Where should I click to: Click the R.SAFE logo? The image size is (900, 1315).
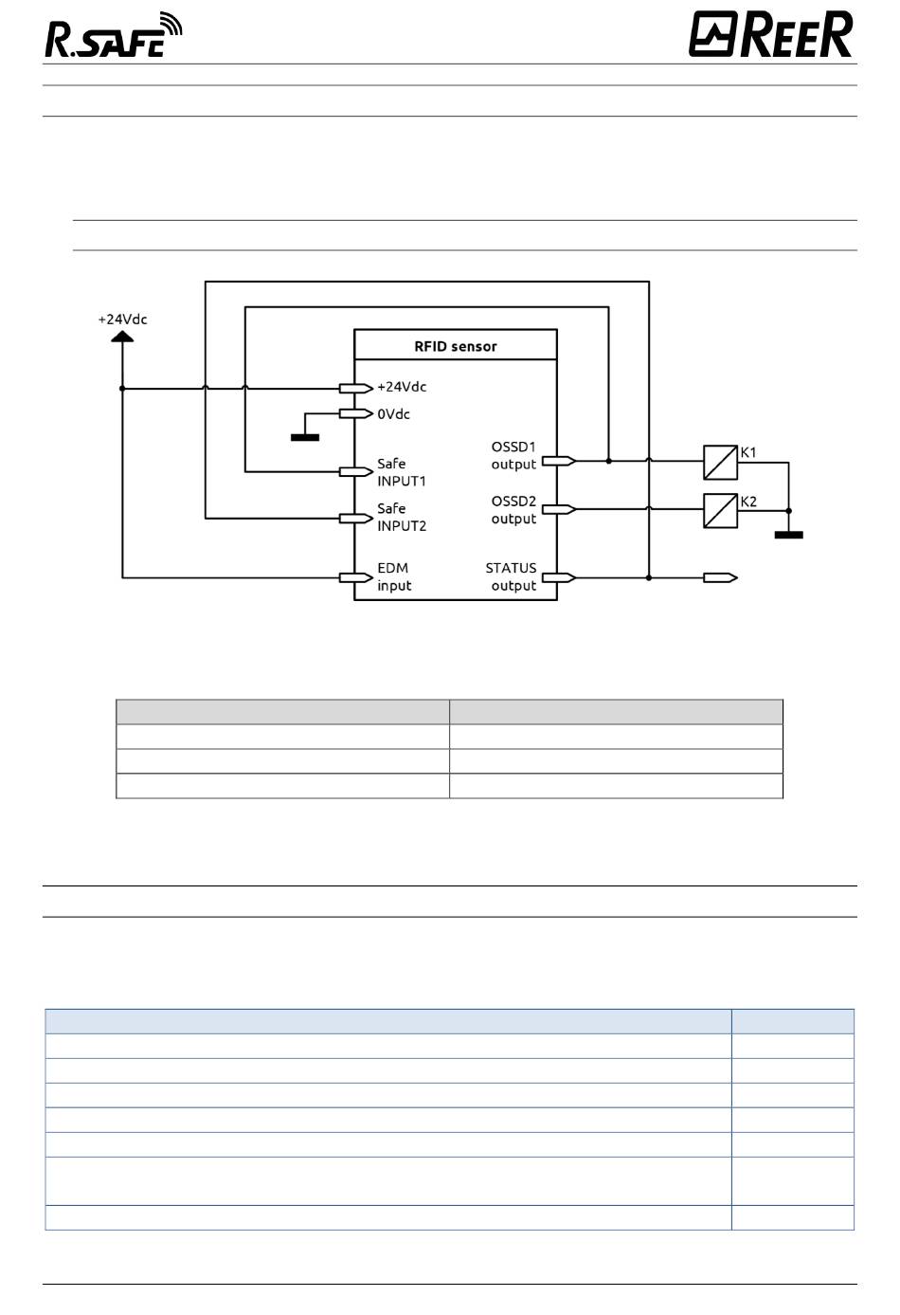pos(114,35)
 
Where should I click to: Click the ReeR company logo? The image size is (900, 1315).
pos(770,34)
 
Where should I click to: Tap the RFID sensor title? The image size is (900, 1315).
pos(456,346)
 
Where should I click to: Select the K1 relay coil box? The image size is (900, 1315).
pos(720,463)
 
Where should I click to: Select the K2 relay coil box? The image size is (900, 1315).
pos(720,511)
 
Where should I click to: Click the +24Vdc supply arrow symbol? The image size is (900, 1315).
pos(122,337)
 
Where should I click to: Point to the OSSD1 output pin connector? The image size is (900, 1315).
pos(559,462)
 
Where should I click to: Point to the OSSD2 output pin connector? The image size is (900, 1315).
pos(559,509)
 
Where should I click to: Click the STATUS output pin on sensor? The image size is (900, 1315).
pos(559,577)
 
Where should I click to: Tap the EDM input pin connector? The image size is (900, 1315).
pos(356,577)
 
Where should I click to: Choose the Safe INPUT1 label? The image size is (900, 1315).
pos(402,472)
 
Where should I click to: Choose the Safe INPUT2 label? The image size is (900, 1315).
pos(402,518)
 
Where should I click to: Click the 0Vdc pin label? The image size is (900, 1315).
pos(393,414)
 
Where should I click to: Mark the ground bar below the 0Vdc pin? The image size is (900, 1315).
pos(305,437)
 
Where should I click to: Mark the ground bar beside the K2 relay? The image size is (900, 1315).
pos(788,535)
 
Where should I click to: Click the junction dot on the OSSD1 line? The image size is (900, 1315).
pos(608,462)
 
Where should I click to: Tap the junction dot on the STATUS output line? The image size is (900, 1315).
pos(648,577)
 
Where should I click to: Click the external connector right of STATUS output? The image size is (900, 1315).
pos(720,577)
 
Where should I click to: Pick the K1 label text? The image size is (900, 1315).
pos(748,452)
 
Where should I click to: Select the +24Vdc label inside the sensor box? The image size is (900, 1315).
pos(402,387)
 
